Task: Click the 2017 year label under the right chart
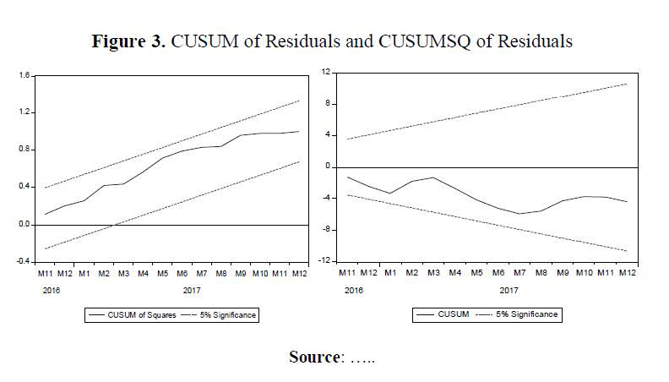coord(508,290)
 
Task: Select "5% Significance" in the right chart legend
coord(529,314)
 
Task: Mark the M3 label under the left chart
coord(123,274)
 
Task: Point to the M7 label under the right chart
coord(519,274)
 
